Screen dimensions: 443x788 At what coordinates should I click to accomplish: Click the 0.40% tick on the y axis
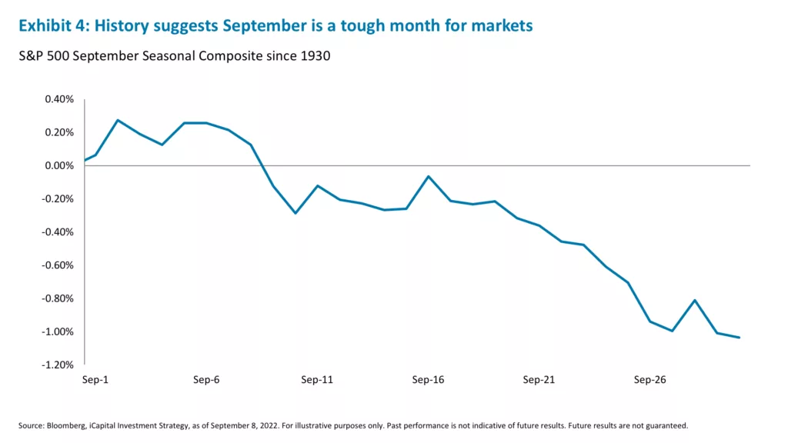58,99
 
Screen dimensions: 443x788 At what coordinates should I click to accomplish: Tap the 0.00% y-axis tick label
58,165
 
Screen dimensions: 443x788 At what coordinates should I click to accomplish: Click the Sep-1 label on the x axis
95,380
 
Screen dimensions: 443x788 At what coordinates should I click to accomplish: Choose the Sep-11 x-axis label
316,380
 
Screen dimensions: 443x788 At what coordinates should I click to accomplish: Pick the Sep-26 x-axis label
650,380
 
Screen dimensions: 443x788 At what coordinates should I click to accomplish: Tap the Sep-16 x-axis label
428,380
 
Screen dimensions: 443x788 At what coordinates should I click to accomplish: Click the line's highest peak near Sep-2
118,120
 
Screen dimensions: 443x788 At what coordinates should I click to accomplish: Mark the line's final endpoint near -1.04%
740,338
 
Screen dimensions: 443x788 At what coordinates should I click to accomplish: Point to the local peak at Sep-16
428,176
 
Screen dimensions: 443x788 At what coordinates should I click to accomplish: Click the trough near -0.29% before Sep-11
295,213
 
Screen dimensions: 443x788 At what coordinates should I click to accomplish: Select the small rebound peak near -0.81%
695,300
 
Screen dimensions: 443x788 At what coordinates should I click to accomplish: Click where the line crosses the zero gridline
262,165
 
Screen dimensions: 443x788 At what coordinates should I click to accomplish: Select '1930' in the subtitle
315,57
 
